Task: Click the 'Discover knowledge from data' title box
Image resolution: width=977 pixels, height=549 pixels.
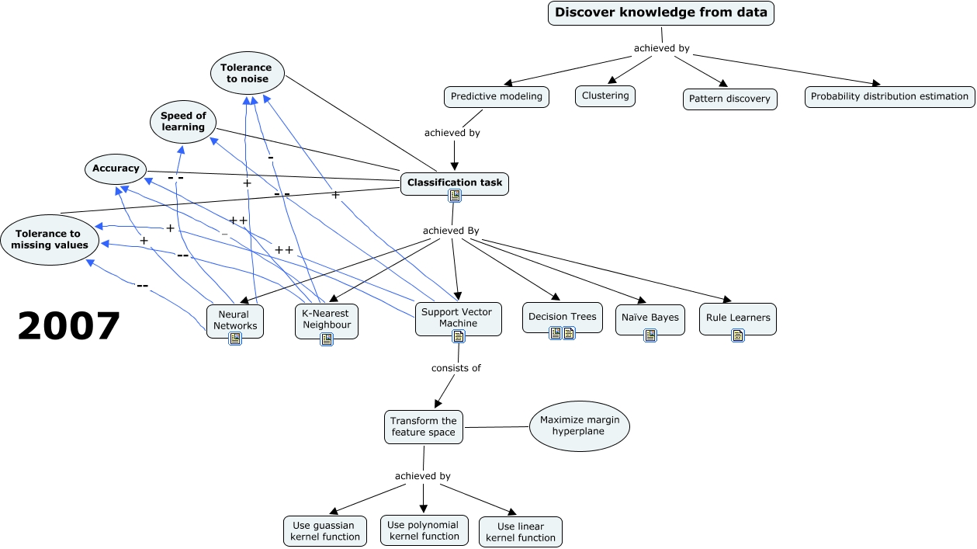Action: pos(661,13)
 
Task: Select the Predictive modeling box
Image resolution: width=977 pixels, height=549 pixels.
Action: pos(497,97)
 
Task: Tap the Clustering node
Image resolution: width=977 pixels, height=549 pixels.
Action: pos(605,96)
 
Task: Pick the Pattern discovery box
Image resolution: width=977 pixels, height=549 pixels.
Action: pos(729,99)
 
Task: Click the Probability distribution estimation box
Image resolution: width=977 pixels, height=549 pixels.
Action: pos(889,97)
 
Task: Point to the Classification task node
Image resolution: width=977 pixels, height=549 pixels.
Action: pos(455,183)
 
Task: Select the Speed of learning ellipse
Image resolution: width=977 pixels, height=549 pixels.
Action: pos(183,122)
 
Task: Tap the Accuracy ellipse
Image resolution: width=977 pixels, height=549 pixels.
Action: pos(116,169)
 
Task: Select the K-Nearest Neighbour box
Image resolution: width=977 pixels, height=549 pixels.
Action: pos(326,319)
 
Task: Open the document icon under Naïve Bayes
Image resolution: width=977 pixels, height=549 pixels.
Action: pos(650,335)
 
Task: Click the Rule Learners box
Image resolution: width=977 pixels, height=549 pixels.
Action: pos(737,317)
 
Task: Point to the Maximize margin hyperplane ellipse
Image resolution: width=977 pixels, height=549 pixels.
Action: pos(580,426)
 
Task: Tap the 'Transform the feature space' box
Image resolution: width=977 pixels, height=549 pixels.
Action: pos(424,426)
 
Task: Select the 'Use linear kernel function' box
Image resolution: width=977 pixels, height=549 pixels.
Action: pos(520,532)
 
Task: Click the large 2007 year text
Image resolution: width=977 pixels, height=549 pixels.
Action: pos(69,327)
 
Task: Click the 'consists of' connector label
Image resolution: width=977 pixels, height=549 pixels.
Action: pos(456,368)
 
